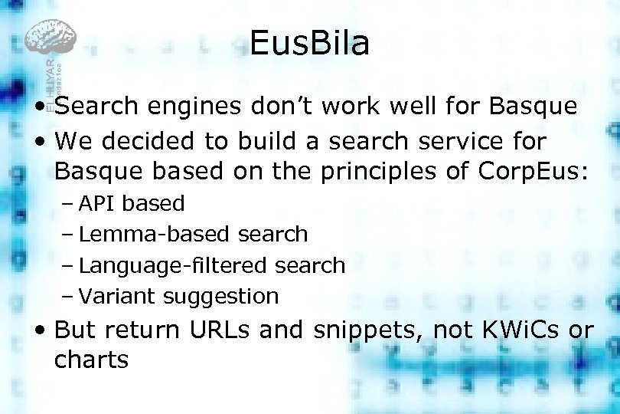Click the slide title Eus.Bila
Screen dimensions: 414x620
(309, 44)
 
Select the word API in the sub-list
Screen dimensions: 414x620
(97, 204)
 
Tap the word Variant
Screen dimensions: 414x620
(117, 296)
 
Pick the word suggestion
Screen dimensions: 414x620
(221, 297)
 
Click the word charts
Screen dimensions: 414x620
(92, 360)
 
